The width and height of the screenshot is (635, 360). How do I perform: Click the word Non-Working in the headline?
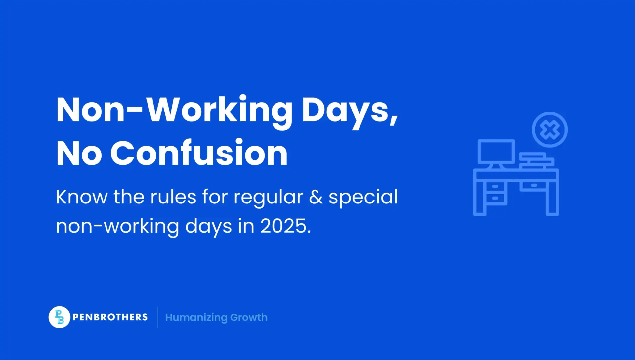coord(174,110)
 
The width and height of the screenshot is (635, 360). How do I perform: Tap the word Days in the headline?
coord(350,110)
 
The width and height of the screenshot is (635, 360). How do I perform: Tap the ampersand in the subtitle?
coord(316,197)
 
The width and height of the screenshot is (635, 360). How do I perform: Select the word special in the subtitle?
coord(363,198)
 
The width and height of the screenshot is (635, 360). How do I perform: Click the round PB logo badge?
coord(59,317)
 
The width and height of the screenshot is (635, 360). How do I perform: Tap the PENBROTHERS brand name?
coord(110,317)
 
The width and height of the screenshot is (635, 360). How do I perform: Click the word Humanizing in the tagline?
coord(196,318)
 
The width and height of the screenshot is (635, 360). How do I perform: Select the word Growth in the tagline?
coord(249,317)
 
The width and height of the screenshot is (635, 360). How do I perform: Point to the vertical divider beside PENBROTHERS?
coord(158,317)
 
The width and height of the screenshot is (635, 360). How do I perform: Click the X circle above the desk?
coord(549,130)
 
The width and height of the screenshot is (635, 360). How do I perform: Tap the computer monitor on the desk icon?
coord(496,152)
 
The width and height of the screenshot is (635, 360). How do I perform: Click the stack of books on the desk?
coord(536,160)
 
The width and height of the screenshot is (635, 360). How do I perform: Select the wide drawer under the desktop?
coord(533,186)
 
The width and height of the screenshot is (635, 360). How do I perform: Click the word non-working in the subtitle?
coord(117,227)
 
